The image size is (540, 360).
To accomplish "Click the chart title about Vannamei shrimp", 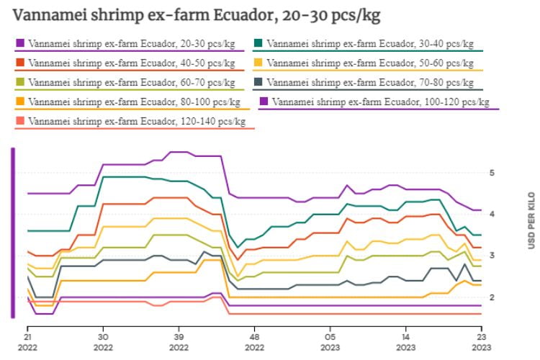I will click(x=197, y=15).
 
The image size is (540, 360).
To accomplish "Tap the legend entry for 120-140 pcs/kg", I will click(x=136, y=121).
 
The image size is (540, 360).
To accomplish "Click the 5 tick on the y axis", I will click(x=491, y=173).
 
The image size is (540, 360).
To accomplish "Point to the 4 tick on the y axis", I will click(x=491, y=214).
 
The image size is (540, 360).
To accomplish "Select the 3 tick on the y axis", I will click(x=491, y=256).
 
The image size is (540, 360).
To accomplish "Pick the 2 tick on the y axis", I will click(x=491, y=297).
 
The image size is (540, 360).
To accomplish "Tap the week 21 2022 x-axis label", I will click(x=27, y=341).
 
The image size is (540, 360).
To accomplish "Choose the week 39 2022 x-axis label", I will click(x=179, y=341).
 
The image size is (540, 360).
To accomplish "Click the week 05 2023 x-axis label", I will click(x=330, y=341).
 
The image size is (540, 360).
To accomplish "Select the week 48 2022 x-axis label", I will click(x=254, y=341).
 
